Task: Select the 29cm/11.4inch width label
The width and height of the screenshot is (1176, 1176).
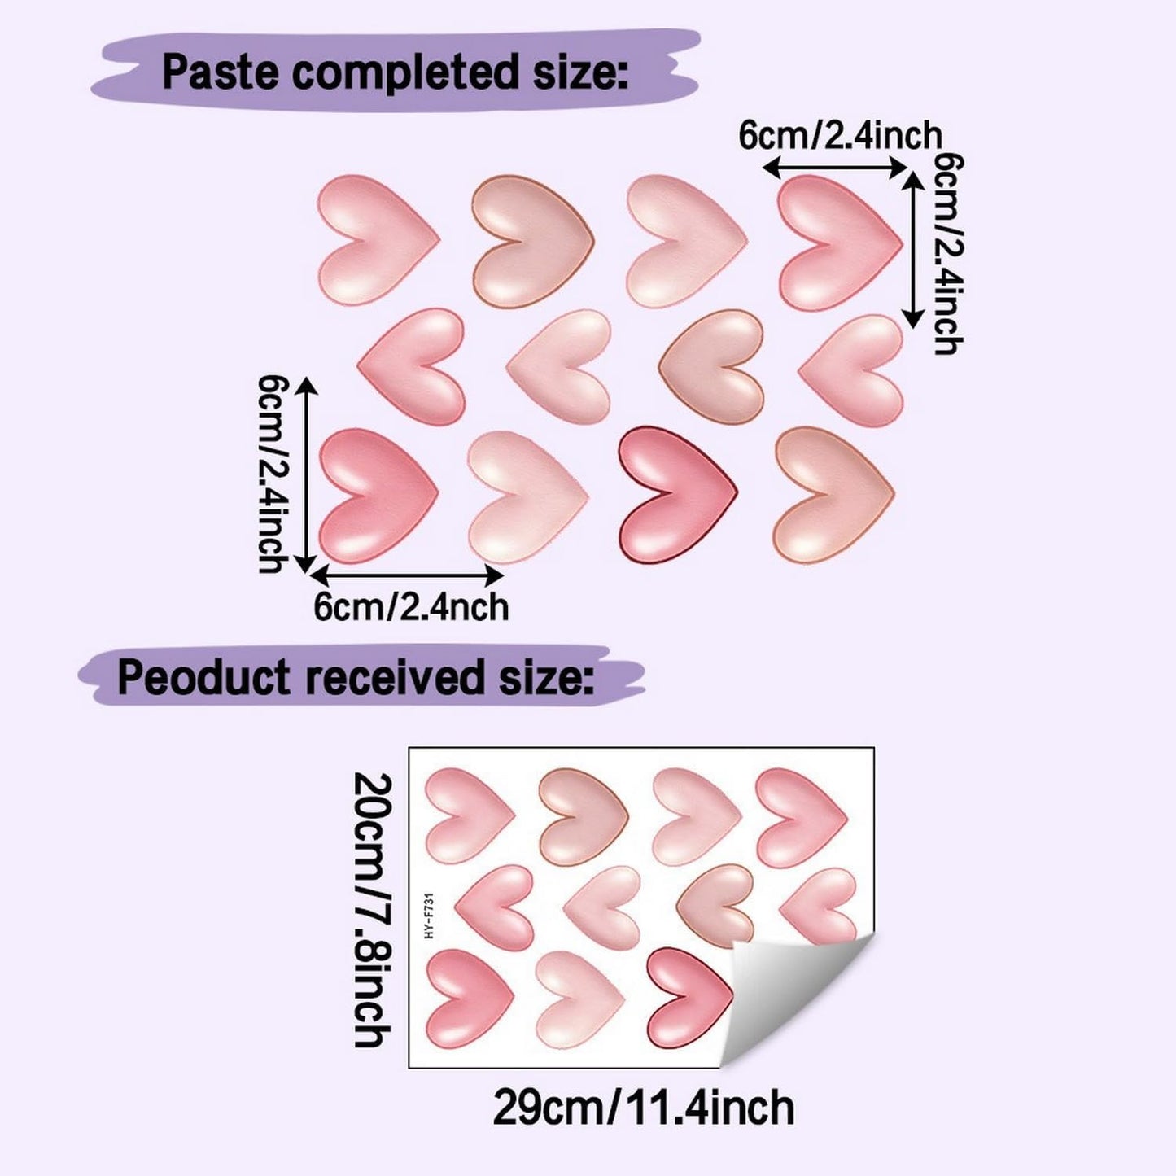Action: click(643, 1107)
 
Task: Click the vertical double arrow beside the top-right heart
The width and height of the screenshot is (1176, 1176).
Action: click(914, 249)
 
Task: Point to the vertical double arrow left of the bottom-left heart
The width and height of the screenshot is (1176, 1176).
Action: click(306, 475)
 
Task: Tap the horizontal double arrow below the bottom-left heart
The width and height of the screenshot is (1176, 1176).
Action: click(406, 575)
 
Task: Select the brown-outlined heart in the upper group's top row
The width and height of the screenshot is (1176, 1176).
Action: click(533, 241)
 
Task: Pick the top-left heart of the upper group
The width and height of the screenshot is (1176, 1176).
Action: click(378, 240)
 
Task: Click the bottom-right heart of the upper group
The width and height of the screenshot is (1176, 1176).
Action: click(833, 494)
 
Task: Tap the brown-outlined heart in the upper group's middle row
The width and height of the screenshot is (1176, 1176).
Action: click(711, 367)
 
